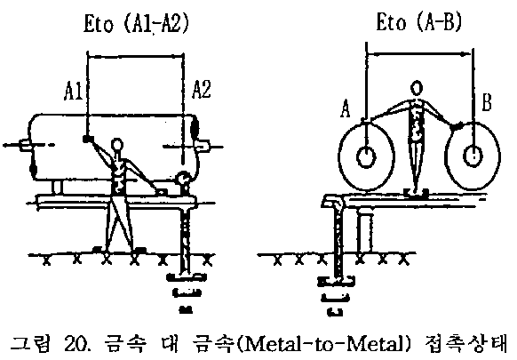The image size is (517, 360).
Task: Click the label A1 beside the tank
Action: (x=73, y=91)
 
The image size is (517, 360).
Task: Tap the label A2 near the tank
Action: (x=201, y=89)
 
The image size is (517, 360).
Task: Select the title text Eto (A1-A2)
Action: (x=136, y=23)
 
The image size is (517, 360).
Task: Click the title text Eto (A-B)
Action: (x=418, y=22)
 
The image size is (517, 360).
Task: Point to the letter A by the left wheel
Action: (x=346, y=109)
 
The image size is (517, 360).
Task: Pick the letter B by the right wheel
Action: (x=487, y=102)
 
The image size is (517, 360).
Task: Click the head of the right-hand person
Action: (x=417, y=88)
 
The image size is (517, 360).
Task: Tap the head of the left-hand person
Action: (x=116, y=145)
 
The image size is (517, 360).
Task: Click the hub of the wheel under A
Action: (x=366, y=156)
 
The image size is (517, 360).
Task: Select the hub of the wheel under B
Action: (x=473, y=156)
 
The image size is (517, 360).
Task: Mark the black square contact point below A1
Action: (x=86, y=139)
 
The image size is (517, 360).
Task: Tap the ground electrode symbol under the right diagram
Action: (x=336, y=296)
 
